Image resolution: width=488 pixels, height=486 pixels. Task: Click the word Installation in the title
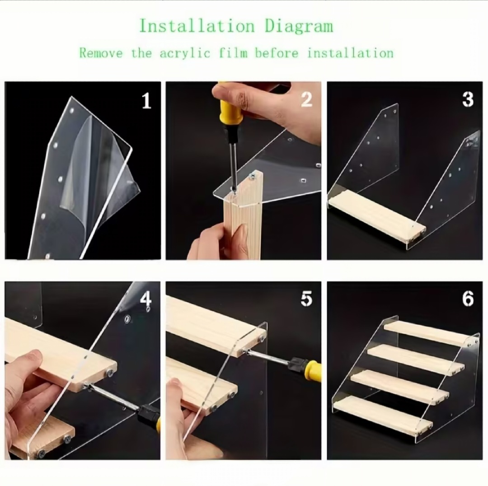pos(197,26)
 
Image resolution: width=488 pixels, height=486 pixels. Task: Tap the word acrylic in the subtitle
pos(185,53)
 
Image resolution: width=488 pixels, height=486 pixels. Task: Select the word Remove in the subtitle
pos(101,53)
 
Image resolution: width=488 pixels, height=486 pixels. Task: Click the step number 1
pos(146,101)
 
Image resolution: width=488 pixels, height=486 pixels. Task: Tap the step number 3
pos(468,99)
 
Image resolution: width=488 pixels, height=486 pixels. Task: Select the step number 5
pos(306,299)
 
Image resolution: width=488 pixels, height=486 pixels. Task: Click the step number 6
pos(468,299)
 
